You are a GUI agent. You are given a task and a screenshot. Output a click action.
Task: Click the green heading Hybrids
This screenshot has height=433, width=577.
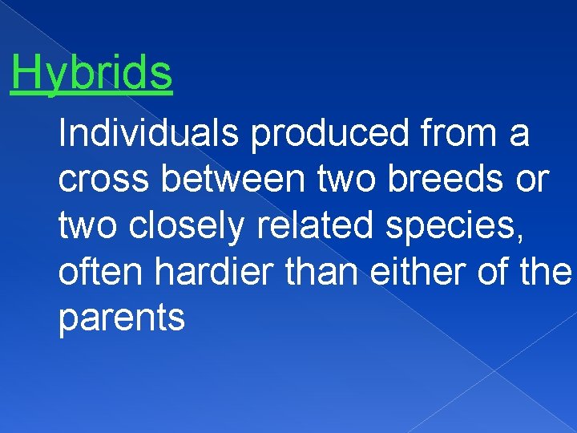(x=91, y=74)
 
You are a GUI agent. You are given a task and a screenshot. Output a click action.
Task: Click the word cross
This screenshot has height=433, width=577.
(x=105, y=181)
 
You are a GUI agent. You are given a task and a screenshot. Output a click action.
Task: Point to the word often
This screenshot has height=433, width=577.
(x=101, y=273)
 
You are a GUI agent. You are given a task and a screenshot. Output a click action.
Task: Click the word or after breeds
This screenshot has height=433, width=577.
(x=531, y=181)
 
